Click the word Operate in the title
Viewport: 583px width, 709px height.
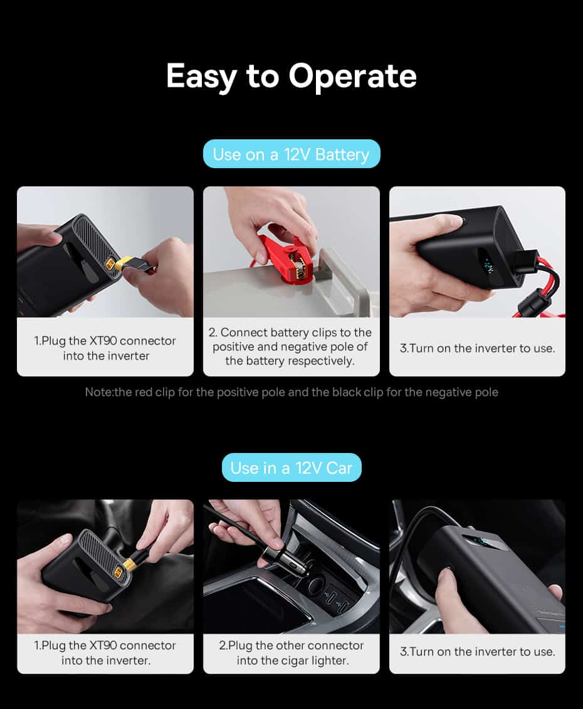coord(352,76)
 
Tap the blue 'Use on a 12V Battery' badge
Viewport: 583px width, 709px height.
coord(291,154)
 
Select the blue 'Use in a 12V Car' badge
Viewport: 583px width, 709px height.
coord(291,467)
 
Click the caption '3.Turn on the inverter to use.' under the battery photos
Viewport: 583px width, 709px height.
coord(477,348)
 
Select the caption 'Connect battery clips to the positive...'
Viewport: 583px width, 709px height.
coord(290,346)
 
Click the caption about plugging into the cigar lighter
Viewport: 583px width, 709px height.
coord(291,653)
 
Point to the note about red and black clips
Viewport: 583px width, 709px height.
coord(291,392)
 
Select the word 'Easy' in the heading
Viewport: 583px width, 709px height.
coord(201,76)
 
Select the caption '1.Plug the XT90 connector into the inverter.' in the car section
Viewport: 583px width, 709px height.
coord(105,653)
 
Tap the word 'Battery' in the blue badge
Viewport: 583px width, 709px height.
coord(342,154)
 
